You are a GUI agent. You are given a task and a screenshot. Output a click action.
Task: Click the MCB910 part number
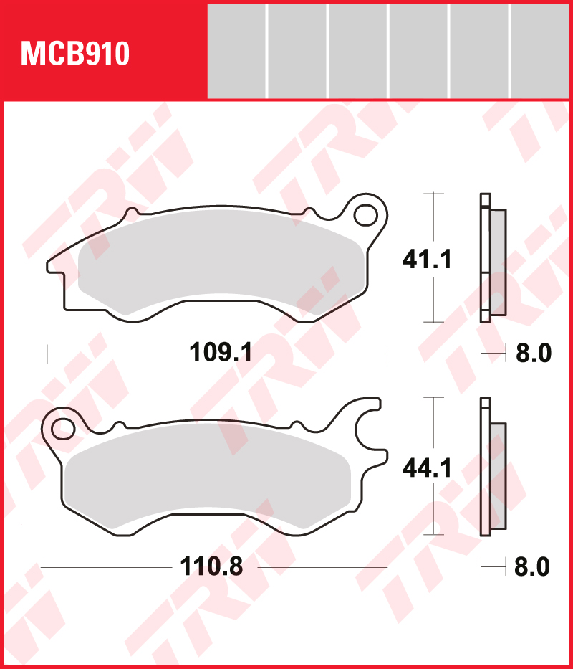[x=75, y=54]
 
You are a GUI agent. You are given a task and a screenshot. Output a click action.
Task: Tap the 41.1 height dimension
[x=427, y=260]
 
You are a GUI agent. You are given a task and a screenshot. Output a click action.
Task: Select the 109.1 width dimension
[x=221, y=354]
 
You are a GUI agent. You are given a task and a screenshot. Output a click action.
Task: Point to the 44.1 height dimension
[x=427, y=468]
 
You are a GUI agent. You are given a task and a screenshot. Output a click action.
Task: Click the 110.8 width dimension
[x=211, y=566]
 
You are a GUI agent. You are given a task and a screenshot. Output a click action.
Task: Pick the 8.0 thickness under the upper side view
[x=534, y=354]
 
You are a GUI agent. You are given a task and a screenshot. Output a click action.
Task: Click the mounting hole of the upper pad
[x=365, y=215]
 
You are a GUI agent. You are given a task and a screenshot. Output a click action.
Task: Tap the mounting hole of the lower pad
[x=63, y=429]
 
